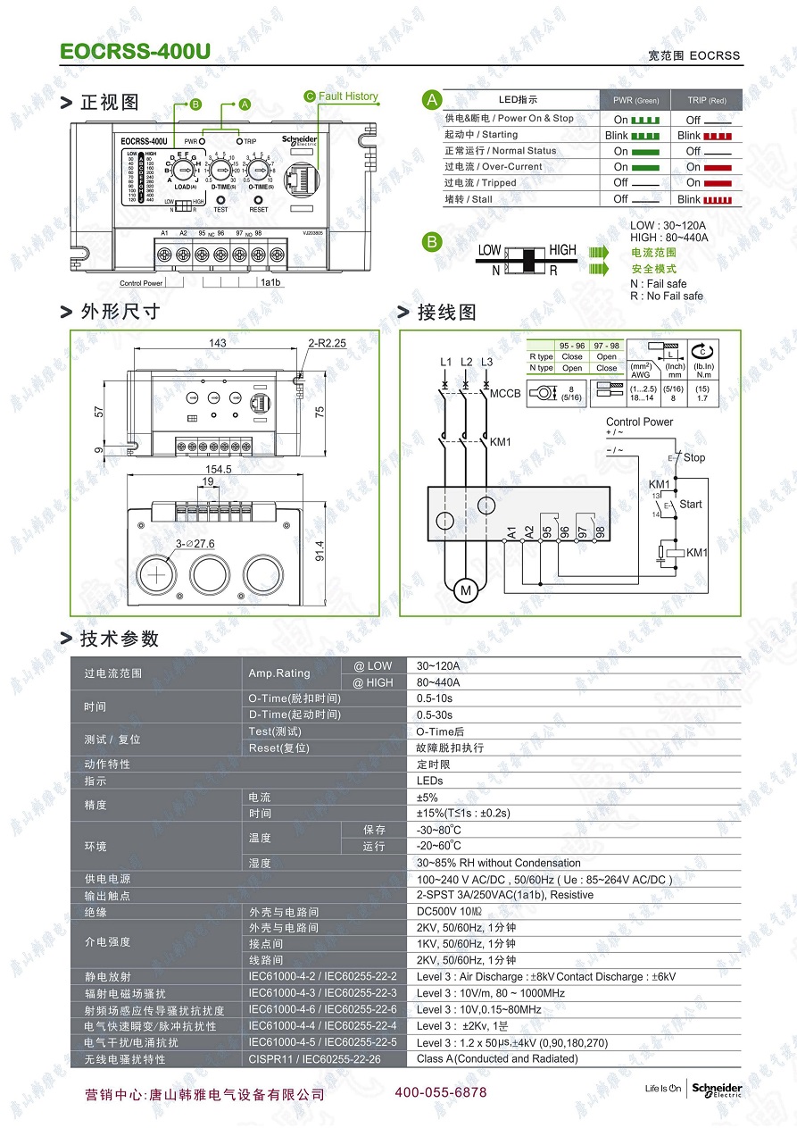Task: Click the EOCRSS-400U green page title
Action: click(135, 52)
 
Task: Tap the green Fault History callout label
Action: click(347, 96)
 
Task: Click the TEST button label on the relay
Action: click(220, 210)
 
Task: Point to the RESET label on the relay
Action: click(259, 210)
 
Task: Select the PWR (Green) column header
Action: click(635, 100)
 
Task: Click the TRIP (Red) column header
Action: click(706, 100)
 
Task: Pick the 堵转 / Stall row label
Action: click(469, 199)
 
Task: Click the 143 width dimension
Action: click(217, 343)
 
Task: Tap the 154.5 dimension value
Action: click(219, 469)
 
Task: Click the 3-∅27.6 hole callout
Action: click(195, 543)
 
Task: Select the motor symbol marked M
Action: click(465, 590)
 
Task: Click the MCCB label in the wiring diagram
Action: click(505, 393)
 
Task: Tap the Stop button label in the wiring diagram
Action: click(693, 457)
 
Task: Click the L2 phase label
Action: click(466, 362)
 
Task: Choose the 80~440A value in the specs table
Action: click(438, 682)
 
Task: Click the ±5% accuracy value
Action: click(428, 797)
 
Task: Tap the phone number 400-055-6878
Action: click(441, 1092)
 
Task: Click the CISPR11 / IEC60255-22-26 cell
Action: click(314, 1058)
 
